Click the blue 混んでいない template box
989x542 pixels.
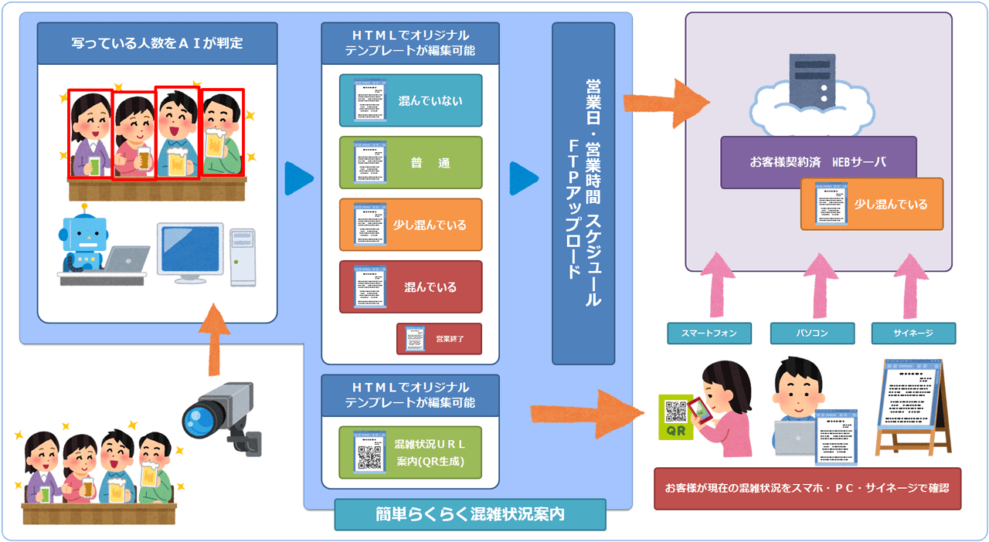coord(410,100)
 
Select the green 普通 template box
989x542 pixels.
coord(410,163)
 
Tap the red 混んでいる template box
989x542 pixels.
coord(410,286)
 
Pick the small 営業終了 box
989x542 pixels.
coord(439,338)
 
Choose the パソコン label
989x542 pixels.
coord(812,333)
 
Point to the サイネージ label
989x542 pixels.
coord(913,333)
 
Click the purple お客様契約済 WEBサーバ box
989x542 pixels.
coord(817,162)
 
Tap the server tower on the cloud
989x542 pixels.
coord(812,79)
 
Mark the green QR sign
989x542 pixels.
coord(676,417)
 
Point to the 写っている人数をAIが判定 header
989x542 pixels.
coord(157,43)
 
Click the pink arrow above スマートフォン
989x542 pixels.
coord(709,290)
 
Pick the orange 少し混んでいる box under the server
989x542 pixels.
coord(872,204)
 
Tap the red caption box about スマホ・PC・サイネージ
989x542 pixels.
coord(807,488)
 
